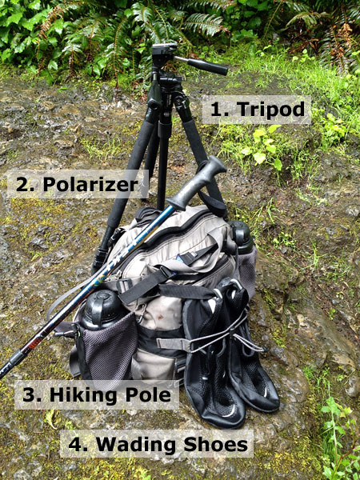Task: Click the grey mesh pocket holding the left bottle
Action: click(104, 348)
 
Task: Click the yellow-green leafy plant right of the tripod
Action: click(260, 144)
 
